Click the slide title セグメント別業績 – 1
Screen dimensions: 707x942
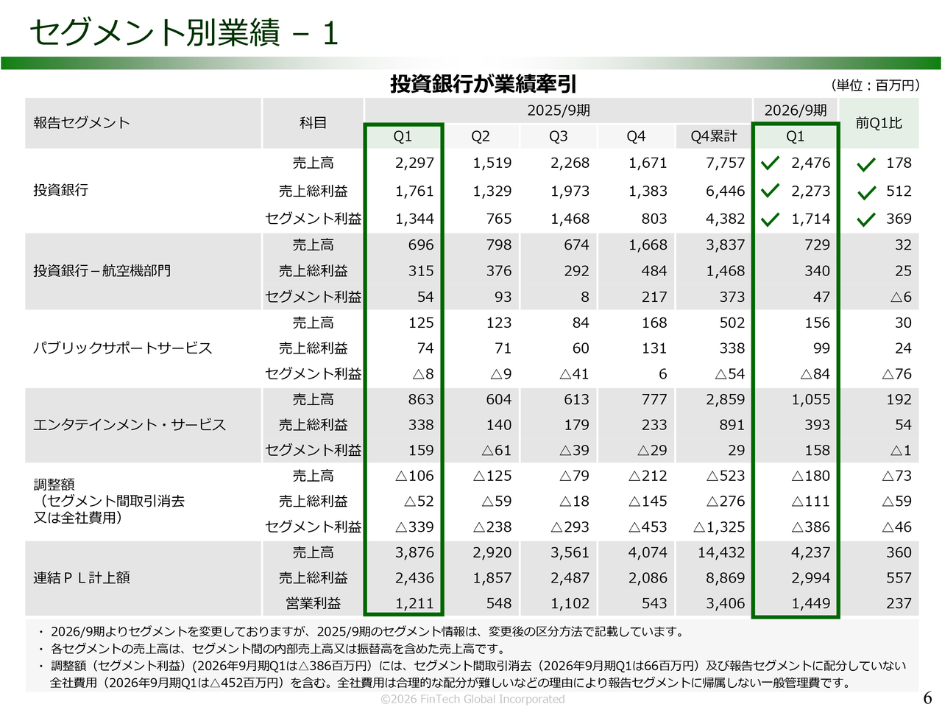pos(183,33)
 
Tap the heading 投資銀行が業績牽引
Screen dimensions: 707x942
pos(483,84)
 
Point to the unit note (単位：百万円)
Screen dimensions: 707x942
pos(874,85)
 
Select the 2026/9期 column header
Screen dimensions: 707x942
pos(795,110)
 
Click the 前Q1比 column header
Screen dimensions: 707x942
pos(879,123)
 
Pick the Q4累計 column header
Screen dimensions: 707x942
pos(713,136)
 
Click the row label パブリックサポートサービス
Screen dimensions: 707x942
pos(122,348)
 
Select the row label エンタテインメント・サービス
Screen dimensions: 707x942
pos(130,425)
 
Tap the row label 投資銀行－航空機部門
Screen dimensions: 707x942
pos(102,271)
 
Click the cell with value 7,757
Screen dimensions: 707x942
pos(725,163)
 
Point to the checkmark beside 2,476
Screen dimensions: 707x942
pos(770,163)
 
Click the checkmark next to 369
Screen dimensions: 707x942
pos(866,219)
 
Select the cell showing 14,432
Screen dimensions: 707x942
pos(721,552)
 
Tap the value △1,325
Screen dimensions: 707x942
pos(719,527)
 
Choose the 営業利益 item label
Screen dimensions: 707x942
pos(313,603)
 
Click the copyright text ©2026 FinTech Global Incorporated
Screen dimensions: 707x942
pos(472,699)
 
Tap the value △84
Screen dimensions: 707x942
pos(815,374)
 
